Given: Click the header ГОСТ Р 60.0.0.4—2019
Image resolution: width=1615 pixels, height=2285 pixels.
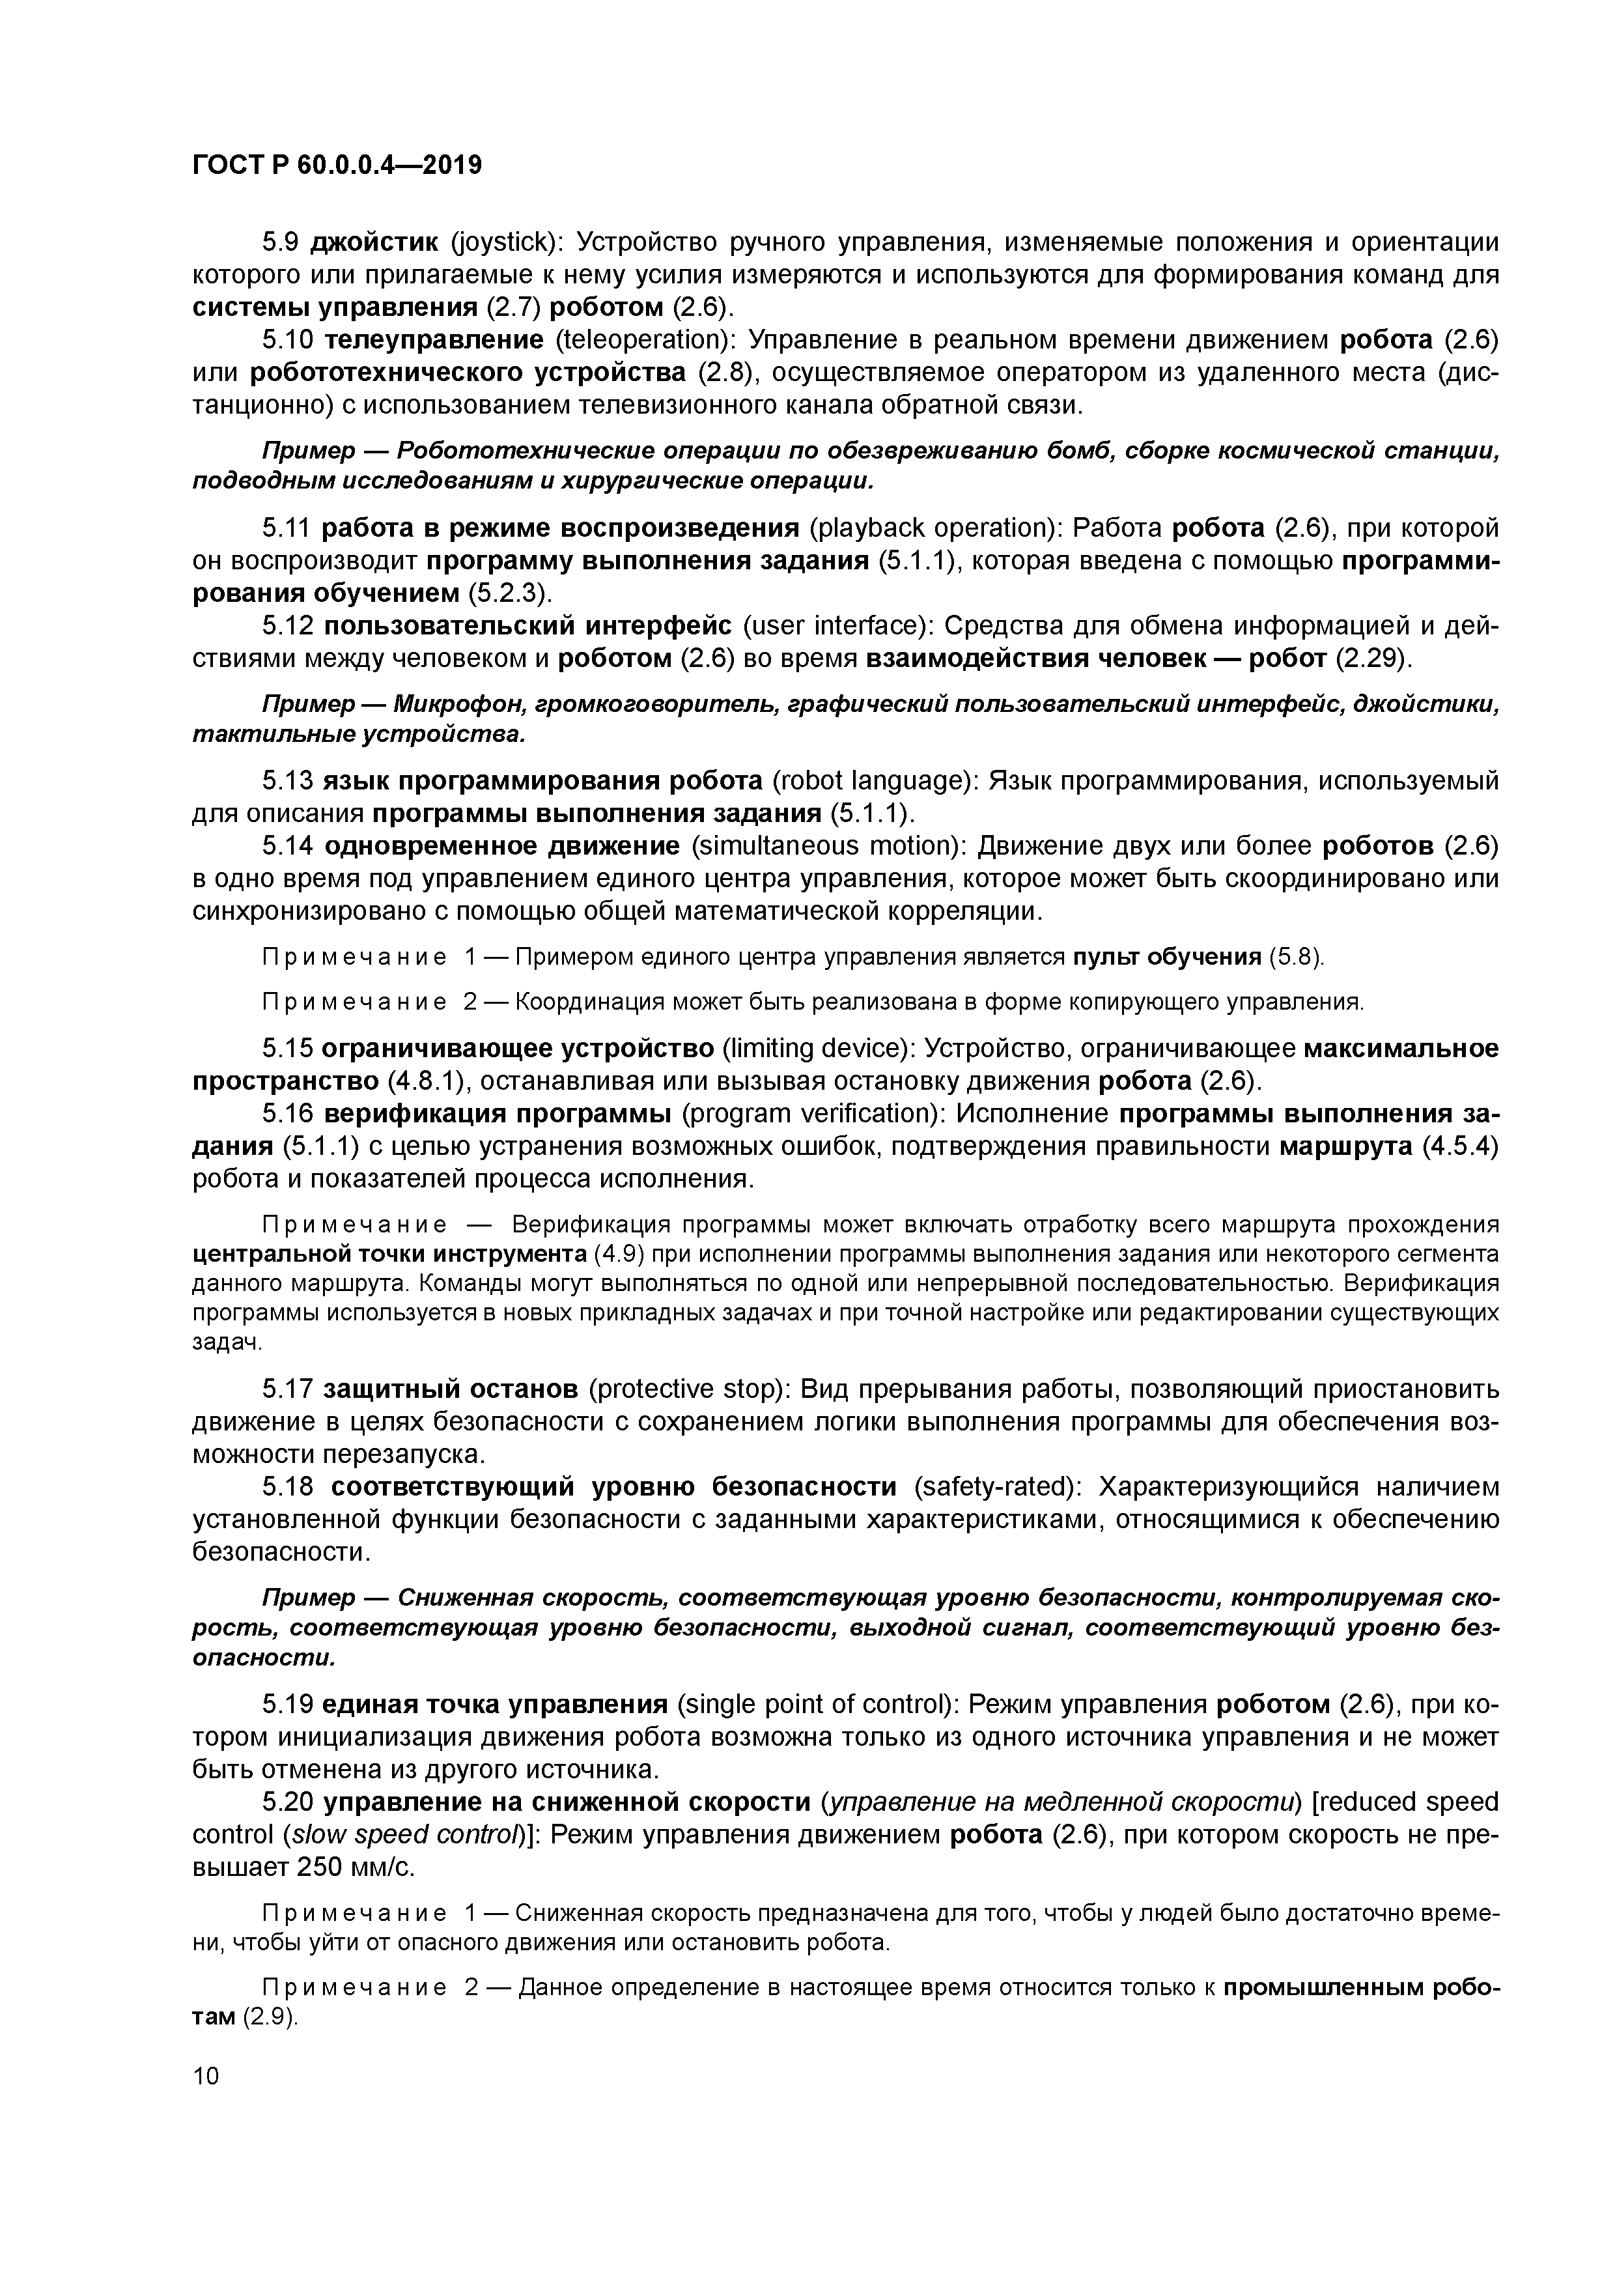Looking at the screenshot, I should tap(336, 165).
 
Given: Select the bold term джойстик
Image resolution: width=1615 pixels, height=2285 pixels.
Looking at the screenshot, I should tap(374, 242).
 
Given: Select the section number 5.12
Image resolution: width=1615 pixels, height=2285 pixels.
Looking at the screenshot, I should tap(288, 625).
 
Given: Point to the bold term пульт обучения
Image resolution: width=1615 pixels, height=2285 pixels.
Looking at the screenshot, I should tap(1166, 958).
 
